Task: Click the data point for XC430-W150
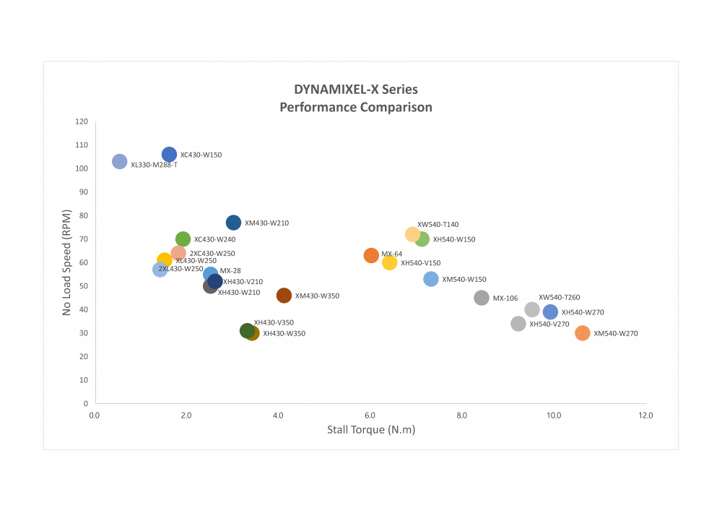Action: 169,154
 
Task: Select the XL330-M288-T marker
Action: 120,161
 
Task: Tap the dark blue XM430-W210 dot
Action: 233,223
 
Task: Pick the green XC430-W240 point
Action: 183,239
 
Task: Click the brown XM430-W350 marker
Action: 284,296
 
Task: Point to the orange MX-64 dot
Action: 371,255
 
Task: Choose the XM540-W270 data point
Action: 583,333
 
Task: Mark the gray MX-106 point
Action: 482,298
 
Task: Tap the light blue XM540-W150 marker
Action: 431,279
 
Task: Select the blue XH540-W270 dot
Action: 550,312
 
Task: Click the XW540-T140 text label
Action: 438,225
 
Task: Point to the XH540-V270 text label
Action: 549,325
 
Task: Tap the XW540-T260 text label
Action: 559,297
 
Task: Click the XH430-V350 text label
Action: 274,322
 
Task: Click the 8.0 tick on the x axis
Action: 462,416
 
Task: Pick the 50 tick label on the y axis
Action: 84,286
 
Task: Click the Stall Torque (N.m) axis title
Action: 371,430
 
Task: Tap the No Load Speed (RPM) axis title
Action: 66,262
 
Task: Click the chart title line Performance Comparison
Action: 356,108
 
